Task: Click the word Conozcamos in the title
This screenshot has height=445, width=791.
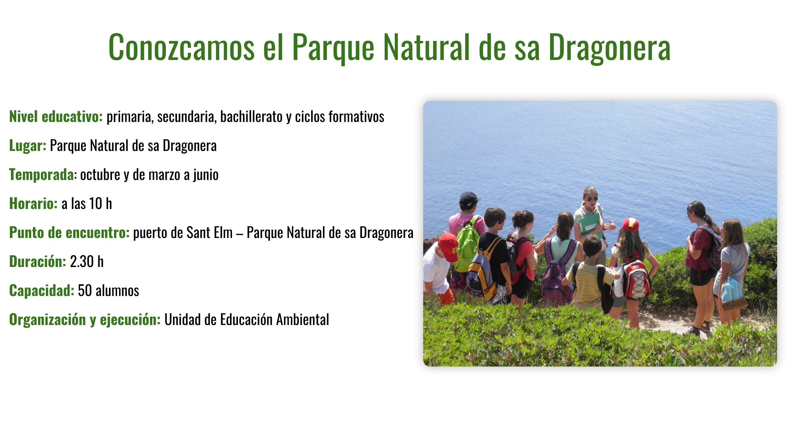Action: tap(182, 47)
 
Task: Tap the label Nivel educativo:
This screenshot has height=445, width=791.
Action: tap(56, 116)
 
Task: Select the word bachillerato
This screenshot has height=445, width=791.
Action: tap(251, 116)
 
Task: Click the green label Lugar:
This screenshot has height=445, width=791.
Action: tap(28, 146)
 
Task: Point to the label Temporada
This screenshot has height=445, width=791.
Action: tap(42, 175)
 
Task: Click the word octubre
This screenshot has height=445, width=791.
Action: tap(100, 175)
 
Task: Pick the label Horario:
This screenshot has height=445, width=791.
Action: tap(33, 203)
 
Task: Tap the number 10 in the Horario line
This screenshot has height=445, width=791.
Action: tap(96, 203)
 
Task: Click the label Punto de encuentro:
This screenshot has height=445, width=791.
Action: tap(70, 232)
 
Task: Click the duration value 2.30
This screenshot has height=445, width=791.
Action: tap(82, 261)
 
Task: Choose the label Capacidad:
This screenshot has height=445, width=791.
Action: tap(42, 290)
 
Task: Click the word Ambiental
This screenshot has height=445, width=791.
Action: tap(303, 319)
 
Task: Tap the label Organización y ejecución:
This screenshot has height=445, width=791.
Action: tap(85, 320)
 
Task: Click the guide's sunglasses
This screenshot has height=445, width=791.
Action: tap(592, 199)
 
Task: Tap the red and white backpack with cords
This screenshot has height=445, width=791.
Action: tap(636, 278)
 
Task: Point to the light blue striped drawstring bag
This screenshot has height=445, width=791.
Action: tap(732, 293)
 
